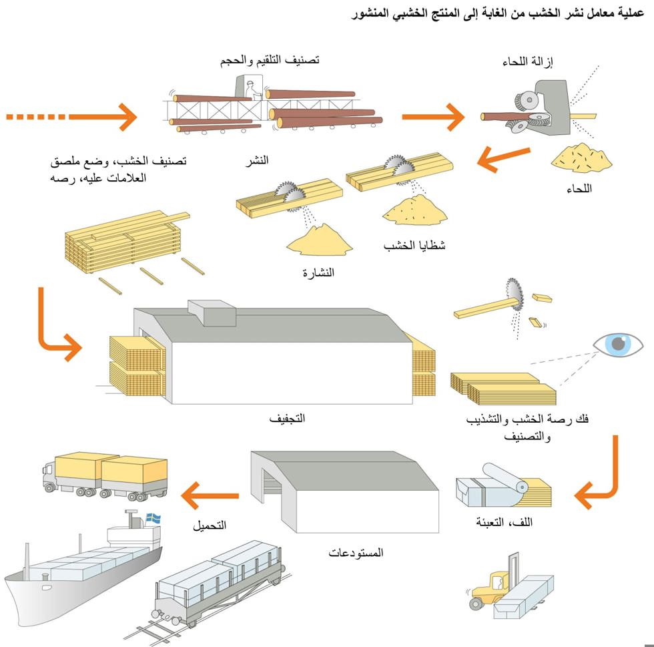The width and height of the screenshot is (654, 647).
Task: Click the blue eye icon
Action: point(618,345)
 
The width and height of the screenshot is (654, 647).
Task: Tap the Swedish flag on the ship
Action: point(153,518)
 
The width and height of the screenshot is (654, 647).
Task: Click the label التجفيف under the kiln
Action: point(287,418)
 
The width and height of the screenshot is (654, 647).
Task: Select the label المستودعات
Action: point(356,553)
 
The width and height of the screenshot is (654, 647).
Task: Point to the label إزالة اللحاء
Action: point(528,62)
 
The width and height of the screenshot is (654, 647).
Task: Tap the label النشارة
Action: point(318,273)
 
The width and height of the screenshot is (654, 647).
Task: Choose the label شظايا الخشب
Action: point(414,245)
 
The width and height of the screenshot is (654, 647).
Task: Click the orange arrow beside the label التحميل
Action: point(210,496)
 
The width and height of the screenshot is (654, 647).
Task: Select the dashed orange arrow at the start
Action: point(71,117)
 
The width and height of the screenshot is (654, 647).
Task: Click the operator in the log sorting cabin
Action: point(252,89)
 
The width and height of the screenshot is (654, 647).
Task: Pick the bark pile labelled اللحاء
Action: point(581,158)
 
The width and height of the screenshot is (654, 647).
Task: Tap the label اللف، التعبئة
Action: point(505,522)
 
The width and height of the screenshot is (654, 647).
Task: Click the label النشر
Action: point(256,160)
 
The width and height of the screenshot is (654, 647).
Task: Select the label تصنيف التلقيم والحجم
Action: point(270,61)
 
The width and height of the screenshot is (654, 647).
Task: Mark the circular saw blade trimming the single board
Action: point(515,294)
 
